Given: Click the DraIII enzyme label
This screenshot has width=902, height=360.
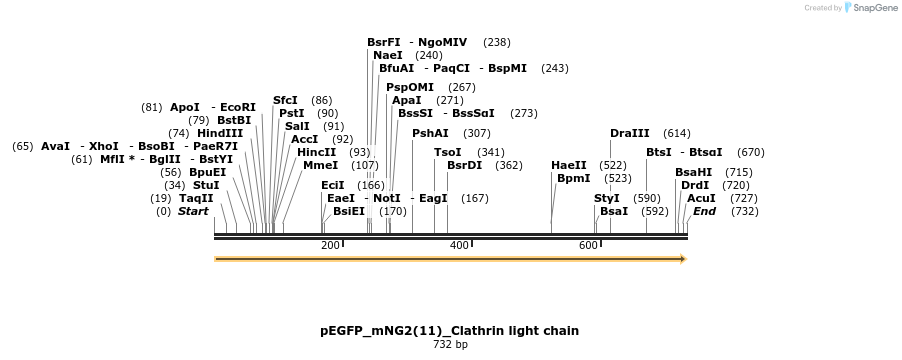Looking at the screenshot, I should tap(630, 133).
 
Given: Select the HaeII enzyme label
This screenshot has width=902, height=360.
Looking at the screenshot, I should tap(569, 165).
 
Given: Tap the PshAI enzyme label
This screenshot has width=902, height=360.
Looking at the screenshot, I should tap(431, 133).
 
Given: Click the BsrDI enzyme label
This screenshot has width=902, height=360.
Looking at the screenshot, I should tap(464, 165).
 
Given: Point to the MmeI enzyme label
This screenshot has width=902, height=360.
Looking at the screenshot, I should tap(321, 165).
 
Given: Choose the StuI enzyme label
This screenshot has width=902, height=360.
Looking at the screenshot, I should tap(206, 185).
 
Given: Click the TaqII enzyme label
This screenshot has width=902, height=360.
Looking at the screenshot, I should tap(196, 198).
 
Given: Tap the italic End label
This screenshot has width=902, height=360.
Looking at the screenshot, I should tap(705, 211).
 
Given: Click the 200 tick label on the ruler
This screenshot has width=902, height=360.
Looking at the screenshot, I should tap(330, 245).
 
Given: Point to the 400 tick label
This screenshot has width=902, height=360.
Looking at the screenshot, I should tap(459, 245).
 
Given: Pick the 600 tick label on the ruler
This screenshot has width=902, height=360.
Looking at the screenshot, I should tap(588, 245).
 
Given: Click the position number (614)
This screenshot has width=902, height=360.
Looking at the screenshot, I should tap(677, 133).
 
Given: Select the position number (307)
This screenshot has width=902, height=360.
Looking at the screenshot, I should tap(477, 133).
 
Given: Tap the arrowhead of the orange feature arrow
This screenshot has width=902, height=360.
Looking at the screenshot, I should tap(682, 259).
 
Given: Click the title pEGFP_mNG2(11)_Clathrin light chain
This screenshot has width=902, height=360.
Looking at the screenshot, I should tap(450, 330).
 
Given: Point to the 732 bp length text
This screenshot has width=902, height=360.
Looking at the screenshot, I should tap(450, 345).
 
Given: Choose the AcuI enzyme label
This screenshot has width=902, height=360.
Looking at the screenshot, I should tap(701, 198).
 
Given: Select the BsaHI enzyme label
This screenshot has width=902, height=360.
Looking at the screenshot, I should tap(693, 172).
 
